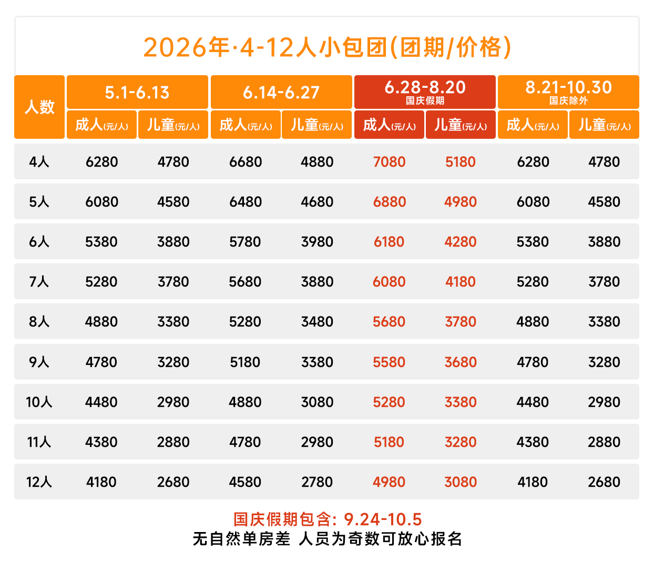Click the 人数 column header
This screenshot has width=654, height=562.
tap(39, 107)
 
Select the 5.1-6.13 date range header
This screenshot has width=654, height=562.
tap(137, 93)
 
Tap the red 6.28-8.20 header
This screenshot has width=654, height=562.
tap(425, 88)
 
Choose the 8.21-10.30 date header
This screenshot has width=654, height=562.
tap(568, 88)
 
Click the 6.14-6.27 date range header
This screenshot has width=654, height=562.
tap(281, 93)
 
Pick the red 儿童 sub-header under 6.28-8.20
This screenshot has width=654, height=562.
tap(461, 125)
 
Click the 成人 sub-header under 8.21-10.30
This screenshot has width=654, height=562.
tap(533, 125)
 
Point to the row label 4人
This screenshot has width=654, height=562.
tap(39, 162)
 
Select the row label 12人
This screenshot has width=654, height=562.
tap(39, 482)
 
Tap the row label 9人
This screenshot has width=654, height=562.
tap(39, 362)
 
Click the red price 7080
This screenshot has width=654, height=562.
tap(389, 162)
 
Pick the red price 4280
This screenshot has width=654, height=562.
tap(461, 242)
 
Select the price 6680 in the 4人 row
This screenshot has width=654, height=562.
tap(246, 162)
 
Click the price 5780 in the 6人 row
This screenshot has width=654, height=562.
tap(246, 242)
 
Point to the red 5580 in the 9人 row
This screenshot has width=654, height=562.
tap(389, 362)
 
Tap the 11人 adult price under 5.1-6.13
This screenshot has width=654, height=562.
tap(101, 442)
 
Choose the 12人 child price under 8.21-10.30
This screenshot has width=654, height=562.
tap(604, 482)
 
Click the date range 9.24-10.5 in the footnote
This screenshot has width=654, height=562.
tap(383, 519)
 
